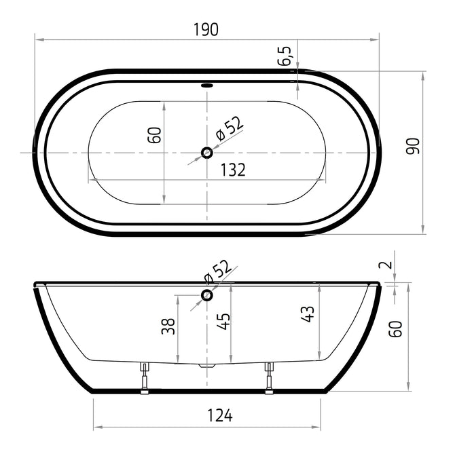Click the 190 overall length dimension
(206, 30)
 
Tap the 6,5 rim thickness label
(285, 56)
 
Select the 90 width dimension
(413, 146)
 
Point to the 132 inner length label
(233, 170)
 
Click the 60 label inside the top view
(154, 135)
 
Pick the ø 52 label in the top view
(229, 129)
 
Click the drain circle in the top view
(207, 153)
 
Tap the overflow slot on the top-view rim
(207, 85)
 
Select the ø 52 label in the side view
(217, 271)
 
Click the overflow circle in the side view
(207, 295)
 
